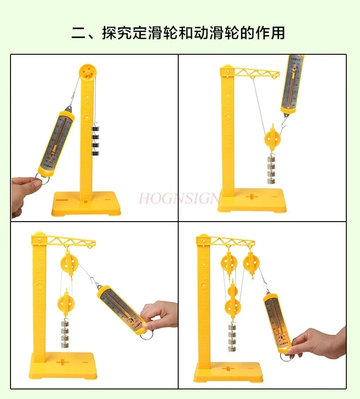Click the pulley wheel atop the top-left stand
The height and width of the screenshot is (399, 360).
point(87,72)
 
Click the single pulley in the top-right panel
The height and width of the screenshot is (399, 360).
point(273,139)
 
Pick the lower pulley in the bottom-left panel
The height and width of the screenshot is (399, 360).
point(67,302)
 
